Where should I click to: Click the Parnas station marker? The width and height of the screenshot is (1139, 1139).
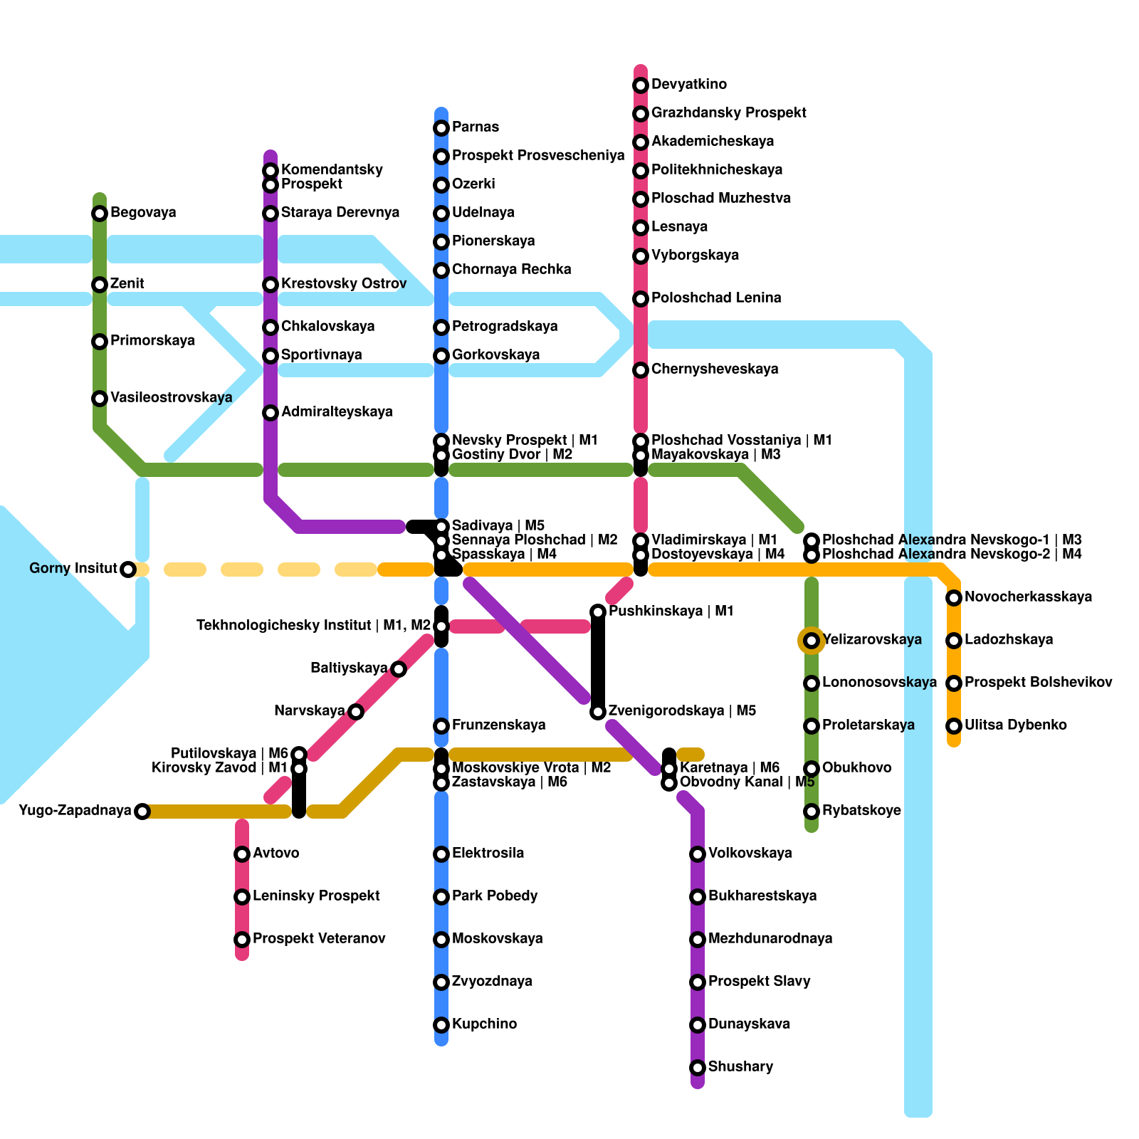(x=441, y=128)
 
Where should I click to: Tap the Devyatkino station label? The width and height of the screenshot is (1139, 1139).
(x=688, y=85)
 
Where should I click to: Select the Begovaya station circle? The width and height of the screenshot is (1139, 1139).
(x=100, y=214)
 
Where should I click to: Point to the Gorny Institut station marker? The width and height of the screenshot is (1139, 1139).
(x=128, y=569)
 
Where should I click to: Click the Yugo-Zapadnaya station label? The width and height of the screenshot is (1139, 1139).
(x=75, y=811)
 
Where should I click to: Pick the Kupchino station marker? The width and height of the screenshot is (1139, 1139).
(x=441, y=1025)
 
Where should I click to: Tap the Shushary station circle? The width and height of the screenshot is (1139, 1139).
(x=698, y=1068)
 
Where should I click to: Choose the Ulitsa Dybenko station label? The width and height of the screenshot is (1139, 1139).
(x=1015, y=725)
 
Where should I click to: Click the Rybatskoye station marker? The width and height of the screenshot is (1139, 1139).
(x=812, y=812)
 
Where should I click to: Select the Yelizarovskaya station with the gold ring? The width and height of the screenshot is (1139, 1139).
(x=812, y=641)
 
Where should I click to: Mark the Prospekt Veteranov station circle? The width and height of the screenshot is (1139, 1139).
(x=242, y=940)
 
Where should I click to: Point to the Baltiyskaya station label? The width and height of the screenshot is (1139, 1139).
(x=349, y=668)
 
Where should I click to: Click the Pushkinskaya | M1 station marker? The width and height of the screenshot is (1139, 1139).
(x=598, y=612)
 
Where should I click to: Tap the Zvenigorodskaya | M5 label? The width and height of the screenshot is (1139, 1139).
(x=682, y=711)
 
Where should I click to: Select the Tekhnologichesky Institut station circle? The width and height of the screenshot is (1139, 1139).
(x=441, y=626)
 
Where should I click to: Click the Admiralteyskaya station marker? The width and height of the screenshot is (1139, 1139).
(x=271, y=413)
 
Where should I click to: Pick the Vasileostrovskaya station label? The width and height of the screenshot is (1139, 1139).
(x=171, y=398)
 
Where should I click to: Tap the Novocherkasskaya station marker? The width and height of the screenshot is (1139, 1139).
(x=954, y=598)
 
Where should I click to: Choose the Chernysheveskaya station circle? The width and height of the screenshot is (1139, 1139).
(x=641, y=370)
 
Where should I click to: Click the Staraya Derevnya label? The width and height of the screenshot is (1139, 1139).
(x=340, y=213)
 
